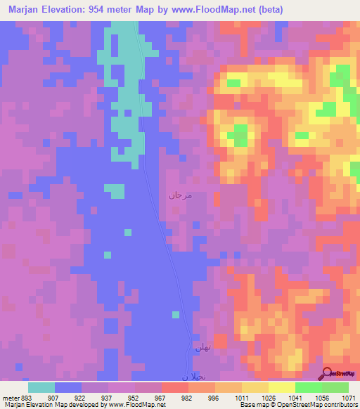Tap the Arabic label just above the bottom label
pos(203,346)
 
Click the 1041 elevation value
pos(295,397)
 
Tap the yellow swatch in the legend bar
pos(281,387)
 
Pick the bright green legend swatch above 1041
pos(308,387)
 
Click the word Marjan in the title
pos(25,9)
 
